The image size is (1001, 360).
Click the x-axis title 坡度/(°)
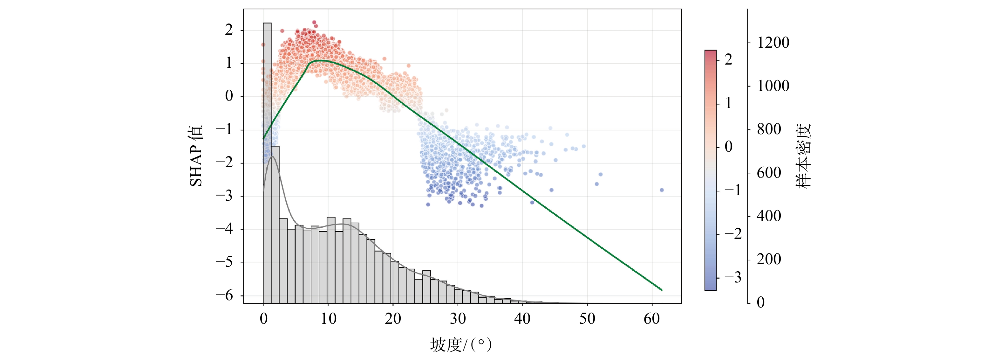pyautogui.click(x=461, y=345)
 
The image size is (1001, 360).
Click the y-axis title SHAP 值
pyautogui.click(x=196, y=156)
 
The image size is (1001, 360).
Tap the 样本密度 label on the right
pyautogui.click(x=804, y=156)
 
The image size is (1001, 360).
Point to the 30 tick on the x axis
pyautogui.click(x=458, y=319)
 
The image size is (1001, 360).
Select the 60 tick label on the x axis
pyautogui.click(x=652, y=319)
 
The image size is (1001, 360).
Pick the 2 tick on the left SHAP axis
pyautogui.click(x=229, y=30)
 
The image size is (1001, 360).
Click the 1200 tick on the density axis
pyautogui.click(x=773, y=43)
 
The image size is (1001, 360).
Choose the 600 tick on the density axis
pyautogui.click(x=769, y=173)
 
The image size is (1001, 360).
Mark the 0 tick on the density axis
pyautogui.click(x=760, y=302)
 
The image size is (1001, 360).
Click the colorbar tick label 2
pyautogui.click(x=729, y=59)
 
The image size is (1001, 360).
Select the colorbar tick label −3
pyautogui.click(x=733, y=278)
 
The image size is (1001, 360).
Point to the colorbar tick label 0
pyautogui.click(x=729, y=147)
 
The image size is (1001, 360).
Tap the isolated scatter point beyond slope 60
pyautogui.click(x=662, y=190)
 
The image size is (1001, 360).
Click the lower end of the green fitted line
pyautogui.click(x=661, y=290)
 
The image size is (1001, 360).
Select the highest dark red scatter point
pyautogui.click(x=314, y=23)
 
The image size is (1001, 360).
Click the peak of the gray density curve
pyautogui.click(x=273, y=157)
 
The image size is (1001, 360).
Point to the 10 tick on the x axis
pyautogui.click(x=328, y=319)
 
